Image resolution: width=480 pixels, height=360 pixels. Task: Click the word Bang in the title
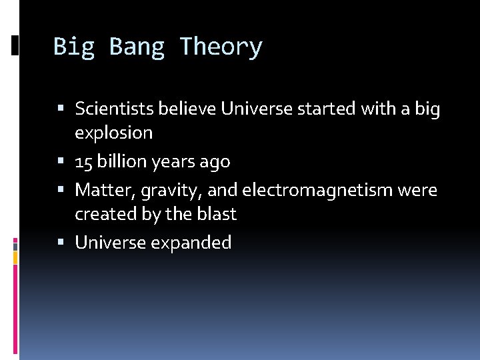tap(137, 47)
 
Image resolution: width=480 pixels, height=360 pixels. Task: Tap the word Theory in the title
tap(221, 47)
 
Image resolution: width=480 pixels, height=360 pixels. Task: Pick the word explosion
tap(113, 133)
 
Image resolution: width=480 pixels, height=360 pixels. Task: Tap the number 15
tap(83, 162)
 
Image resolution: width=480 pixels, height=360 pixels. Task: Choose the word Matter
tap(98, 191)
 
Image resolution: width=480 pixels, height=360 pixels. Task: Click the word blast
tap(217, 215)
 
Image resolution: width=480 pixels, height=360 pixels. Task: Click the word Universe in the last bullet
tap(110, 243)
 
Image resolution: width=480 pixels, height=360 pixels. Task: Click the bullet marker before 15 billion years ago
tap(61, 161)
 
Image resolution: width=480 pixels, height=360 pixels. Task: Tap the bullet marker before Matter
tap(61, 190)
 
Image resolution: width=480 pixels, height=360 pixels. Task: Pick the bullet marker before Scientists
tap(61, 108)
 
